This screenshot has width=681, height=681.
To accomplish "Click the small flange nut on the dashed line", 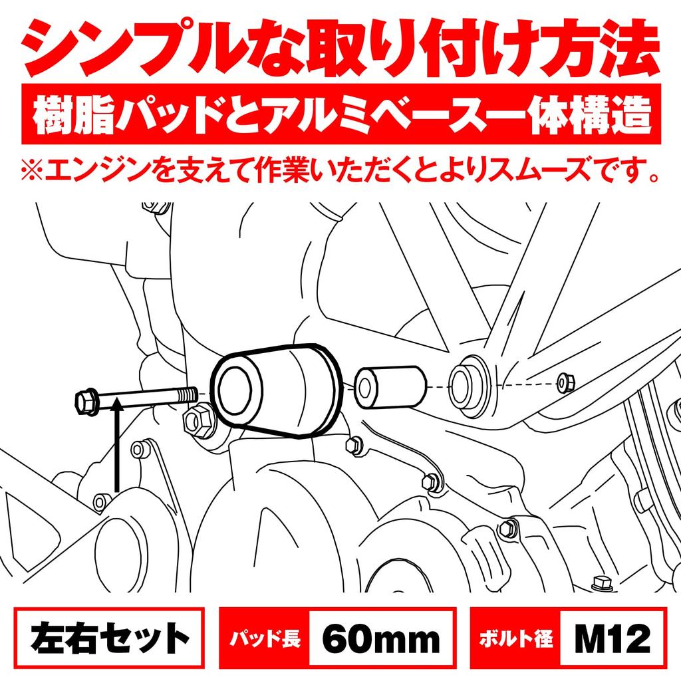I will pos(567,382).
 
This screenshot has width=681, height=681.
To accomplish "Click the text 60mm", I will pos(382,640).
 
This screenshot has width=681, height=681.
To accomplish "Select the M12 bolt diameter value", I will pos(611,640).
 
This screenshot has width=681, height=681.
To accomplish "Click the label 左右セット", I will pos(106,640).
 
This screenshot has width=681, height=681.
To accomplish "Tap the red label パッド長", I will pos(265,640).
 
